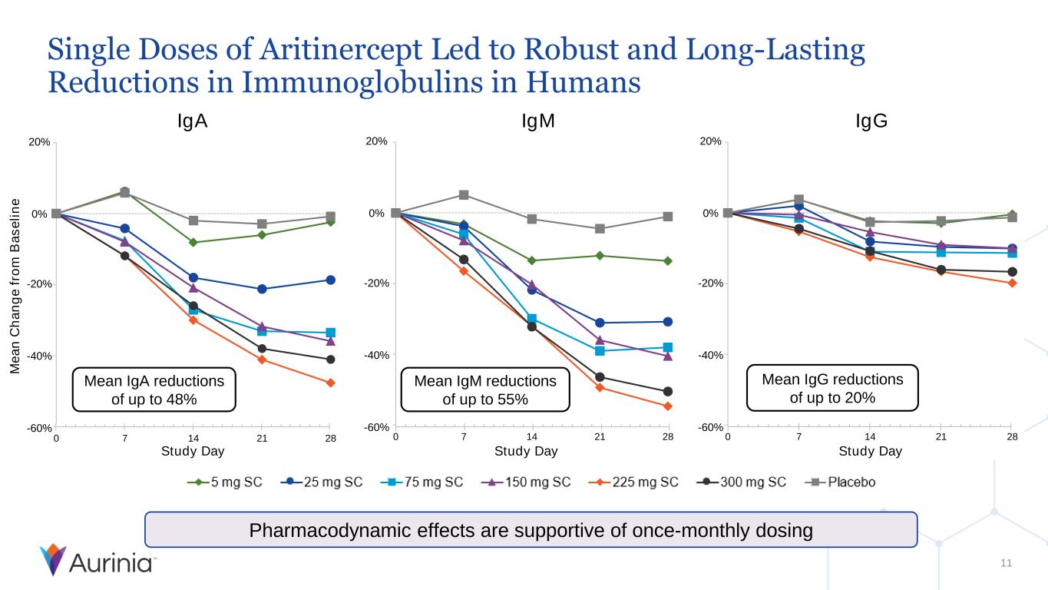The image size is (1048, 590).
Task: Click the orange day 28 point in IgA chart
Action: tap(330, 383)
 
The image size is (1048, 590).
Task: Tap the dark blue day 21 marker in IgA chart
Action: tap(262, 289)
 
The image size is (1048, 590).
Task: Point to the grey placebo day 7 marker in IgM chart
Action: tap(464, 195)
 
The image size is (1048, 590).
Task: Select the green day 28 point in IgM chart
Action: tap(668, 261)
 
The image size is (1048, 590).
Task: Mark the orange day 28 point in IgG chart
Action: tap(1012, 283)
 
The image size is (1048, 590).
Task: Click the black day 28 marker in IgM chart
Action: tap(668, 392)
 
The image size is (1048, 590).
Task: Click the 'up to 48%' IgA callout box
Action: tap(154, 389)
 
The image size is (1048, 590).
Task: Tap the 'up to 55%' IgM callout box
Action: tap(485, 389)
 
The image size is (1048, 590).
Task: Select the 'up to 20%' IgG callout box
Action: tap(832, 388)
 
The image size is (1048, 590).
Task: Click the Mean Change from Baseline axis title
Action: tap(15, 287)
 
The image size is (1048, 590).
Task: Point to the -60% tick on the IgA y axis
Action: tap(40, 428)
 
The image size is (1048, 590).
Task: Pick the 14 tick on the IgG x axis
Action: tap(869, 437)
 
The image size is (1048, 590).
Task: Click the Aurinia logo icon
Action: tap(53, 560)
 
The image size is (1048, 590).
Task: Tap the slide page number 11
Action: tap(1007, 564)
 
